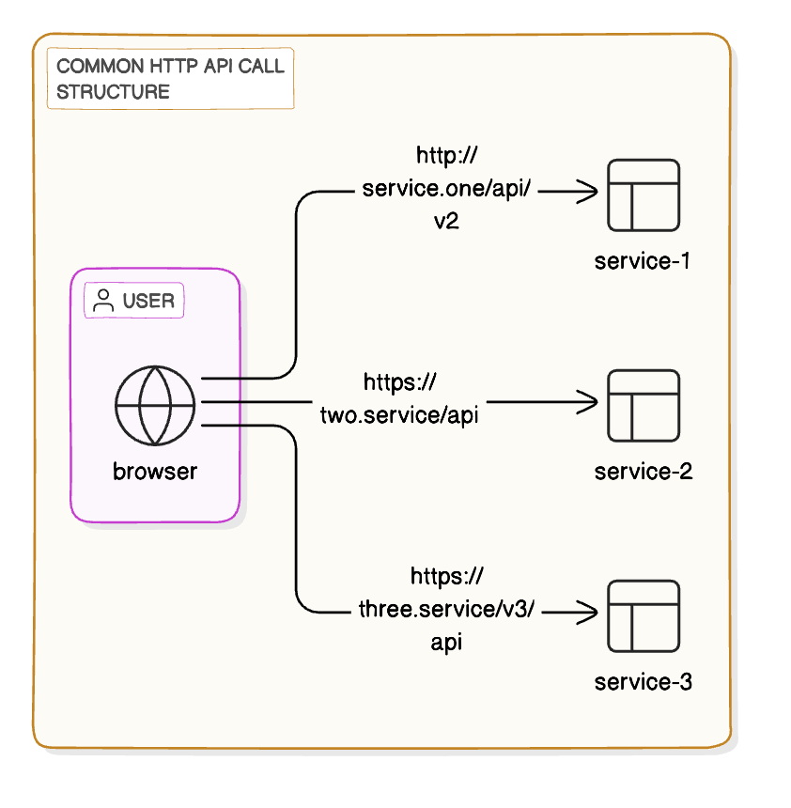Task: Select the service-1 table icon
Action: pos(644,194)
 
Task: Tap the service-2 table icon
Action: pos(644,405)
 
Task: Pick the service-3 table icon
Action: pos(644,615)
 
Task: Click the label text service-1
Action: pos(644,260)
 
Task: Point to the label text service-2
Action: pos(644,471)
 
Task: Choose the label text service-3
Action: pos(644,681)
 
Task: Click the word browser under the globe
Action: pos(155,471)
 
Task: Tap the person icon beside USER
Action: pos(104,302)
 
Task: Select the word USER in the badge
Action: pos(148,302)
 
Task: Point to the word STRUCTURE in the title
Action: pos(113,91)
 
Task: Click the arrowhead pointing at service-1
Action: pos(589,193)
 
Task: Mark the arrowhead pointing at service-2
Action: pos(589,403)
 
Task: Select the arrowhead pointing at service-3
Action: pos(589,614)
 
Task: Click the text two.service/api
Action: pos(399,414)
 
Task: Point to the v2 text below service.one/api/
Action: pos(446,222)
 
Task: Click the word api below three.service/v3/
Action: pos(446,643)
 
